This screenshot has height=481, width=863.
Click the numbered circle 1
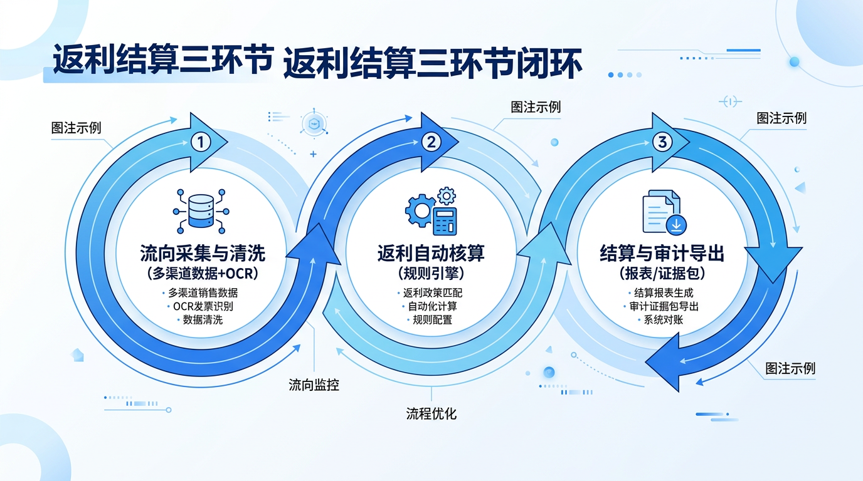(x=199, y=143)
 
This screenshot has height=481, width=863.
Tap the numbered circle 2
(x=431, y=142)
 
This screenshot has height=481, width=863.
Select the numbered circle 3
(x=662, y=142)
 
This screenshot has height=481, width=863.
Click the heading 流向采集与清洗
(x=203, y=254)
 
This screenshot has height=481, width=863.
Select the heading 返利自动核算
(x=431, y=254)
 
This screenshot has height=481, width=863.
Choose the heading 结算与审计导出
(x=662, y=254)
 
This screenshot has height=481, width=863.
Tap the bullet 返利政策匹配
(x=432, y=292)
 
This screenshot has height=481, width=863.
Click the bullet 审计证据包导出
(x=664, y=306)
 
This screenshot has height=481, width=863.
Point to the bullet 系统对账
(x=662, y=319)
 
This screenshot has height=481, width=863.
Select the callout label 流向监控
(x=314, y=385)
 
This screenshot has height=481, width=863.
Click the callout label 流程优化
(x=431, y=413)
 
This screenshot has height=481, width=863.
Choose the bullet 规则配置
(x=432, y=319)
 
